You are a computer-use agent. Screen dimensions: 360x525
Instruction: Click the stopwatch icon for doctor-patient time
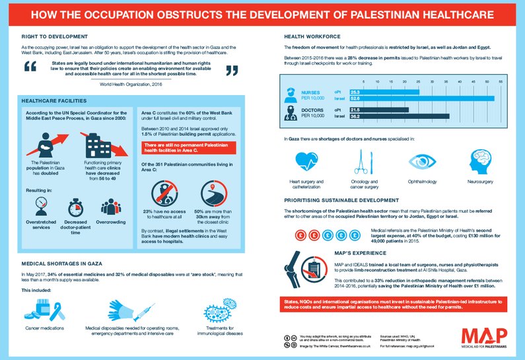[77, 207]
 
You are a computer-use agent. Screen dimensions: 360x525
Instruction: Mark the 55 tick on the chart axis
[500, 83]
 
